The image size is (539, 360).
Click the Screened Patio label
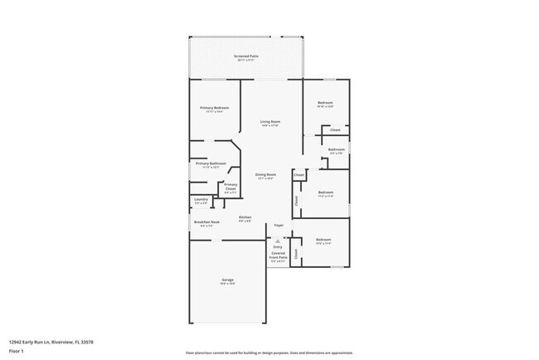click(246, 56)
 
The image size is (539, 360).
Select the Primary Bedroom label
click(214, 108)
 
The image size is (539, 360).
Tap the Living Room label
click(269, 121)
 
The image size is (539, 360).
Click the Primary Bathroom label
click(211, 163)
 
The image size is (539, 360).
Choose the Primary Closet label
click(231, 187)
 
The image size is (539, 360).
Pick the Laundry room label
click(201, 199)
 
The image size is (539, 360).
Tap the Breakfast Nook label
click(206, 222)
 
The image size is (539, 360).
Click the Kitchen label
click(245, 217)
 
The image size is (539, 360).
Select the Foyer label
click(279, 225)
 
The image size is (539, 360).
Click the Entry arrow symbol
click(278, 241)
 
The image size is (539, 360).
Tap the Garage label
click(227, 281)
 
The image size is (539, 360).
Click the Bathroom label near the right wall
click(337, 149)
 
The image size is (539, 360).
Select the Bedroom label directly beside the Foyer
click(323, 240)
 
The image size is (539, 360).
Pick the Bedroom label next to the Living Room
click(325, 103)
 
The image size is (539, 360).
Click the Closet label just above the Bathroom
click(335, 130)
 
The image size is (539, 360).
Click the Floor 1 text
click(17, 351)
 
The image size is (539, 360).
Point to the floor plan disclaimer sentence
click(269, 353)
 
